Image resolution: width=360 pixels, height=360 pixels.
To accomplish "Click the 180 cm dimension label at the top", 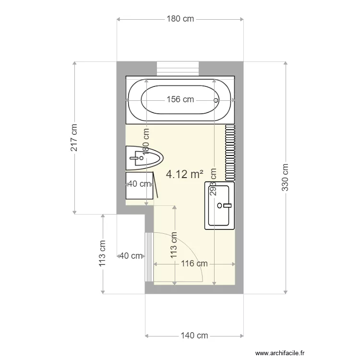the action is [180, 19].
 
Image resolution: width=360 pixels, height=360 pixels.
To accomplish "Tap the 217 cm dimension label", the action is [74, 138].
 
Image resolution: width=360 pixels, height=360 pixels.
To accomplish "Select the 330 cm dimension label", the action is [285, 177].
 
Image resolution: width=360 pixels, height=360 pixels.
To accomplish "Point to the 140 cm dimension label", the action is [194, 336].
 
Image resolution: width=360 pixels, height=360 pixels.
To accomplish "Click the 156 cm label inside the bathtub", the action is [180, 99].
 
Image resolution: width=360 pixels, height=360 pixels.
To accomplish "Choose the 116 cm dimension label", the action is [194, 264].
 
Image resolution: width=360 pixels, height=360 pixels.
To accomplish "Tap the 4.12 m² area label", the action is [185, 174].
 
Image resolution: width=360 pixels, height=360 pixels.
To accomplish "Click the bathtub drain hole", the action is [216, 100].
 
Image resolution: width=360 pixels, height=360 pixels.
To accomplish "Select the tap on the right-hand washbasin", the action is [227, 205].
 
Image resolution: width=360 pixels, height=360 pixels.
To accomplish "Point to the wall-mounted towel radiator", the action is [230, 152].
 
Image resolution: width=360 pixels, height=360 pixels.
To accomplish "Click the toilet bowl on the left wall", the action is [144, 158].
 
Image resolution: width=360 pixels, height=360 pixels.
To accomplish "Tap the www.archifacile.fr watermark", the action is [280, 353].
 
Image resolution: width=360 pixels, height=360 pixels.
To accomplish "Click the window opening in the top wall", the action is [178, 68].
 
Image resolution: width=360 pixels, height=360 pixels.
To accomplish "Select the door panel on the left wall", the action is [149, 257].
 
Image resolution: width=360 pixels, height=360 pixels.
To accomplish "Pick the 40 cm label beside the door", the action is [131, 256].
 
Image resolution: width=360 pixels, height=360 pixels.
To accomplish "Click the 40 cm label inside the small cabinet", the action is [139, 184].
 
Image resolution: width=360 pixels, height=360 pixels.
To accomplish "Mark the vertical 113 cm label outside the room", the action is [102, 253].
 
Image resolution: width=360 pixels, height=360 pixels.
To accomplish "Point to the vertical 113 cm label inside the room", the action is [174, 245].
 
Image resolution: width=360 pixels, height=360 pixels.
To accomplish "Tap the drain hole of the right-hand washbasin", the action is [219, 205].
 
